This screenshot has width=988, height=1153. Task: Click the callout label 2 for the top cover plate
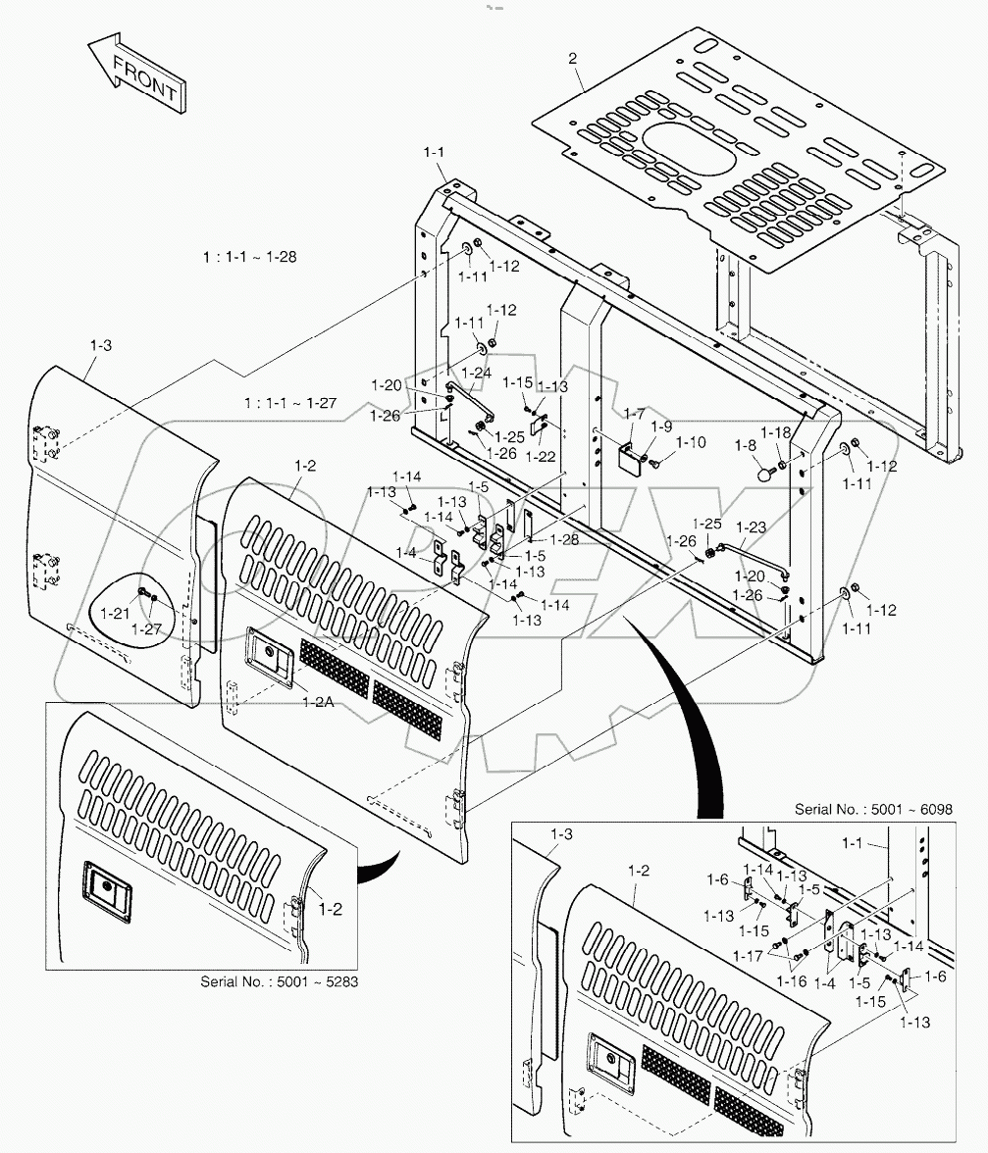[572, 60]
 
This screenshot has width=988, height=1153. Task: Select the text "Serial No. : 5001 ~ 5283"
[278, 981]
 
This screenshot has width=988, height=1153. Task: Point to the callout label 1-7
[635, 415]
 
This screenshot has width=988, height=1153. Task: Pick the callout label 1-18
[776, 432]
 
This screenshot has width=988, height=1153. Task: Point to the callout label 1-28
[564, 540]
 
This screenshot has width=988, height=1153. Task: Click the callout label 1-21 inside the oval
[118, 614]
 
